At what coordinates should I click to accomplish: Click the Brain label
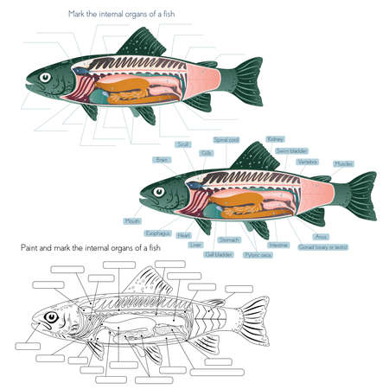pos(161,160)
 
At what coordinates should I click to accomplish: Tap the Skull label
pos(182,145)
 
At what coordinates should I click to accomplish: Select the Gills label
pos(207,153)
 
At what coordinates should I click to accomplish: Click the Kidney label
pos(276,138)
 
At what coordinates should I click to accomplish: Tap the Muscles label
pos(343,163)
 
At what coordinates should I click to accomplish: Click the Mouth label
pos(132,221)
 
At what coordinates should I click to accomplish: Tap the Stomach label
pos(230,239)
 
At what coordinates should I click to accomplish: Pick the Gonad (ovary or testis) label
pos(322,247)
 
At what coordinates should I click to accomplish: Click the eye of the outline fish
pos(52,317)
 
